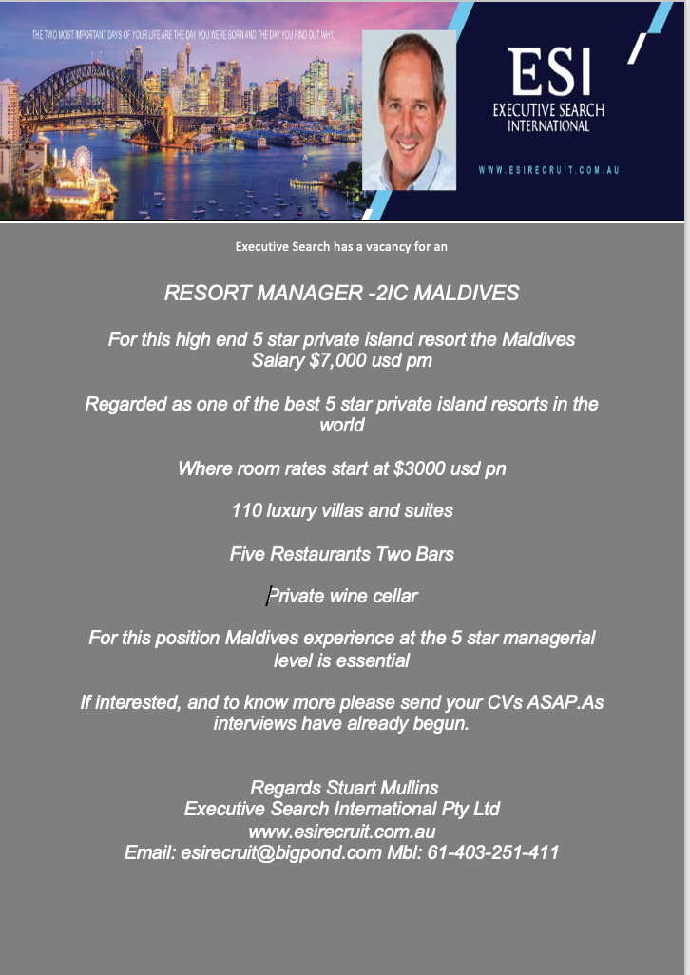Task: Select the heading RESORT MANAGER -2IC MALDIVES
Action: click(341, 293)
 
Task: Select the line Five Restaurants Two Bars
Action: click(341, 553)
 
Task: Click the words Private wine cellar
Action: click(343, 597)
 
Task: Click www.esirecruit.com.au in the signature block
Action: click(341, 832)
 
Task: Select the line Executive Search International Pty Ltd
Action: click(341, 810)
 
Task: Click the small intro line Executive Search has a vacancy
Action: click(341, 247)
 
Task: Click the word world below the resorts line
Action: click(341, 425)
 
